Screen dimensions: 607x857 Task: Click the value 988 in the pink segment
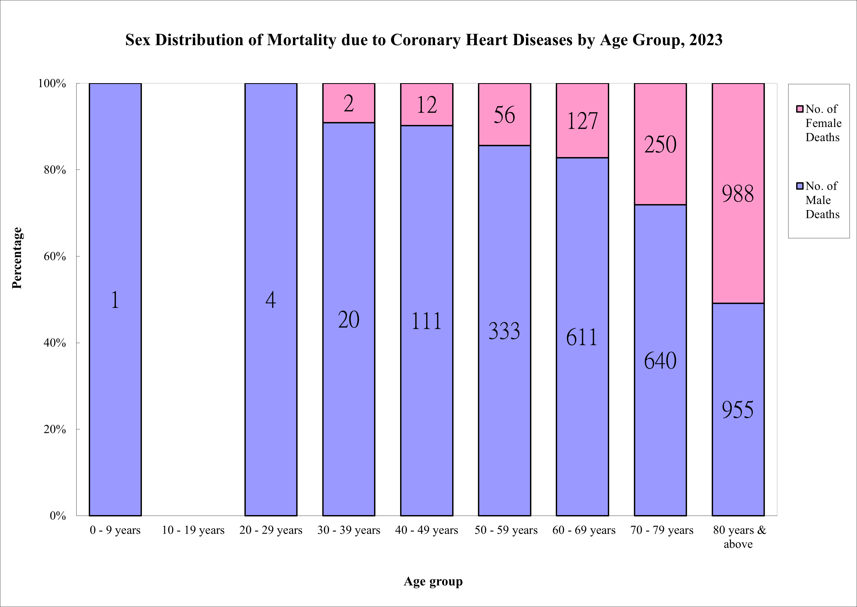[737, 194]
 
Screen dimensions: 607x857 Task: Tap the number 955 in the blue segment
[737, 410]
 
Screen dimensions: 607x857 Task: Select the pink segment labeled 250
[660, 144]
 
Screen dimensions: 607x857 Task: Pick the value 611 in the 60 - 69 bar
[582, 337]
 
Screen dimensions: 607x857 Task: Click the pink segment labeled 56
[504, 114]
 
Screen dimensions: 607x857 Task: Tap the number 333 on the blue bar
[504, 331]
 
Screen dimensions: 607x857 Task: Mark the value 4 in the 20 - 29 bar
[271, 300]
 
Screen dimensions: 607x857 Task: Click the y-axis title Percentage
[17, 258]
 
